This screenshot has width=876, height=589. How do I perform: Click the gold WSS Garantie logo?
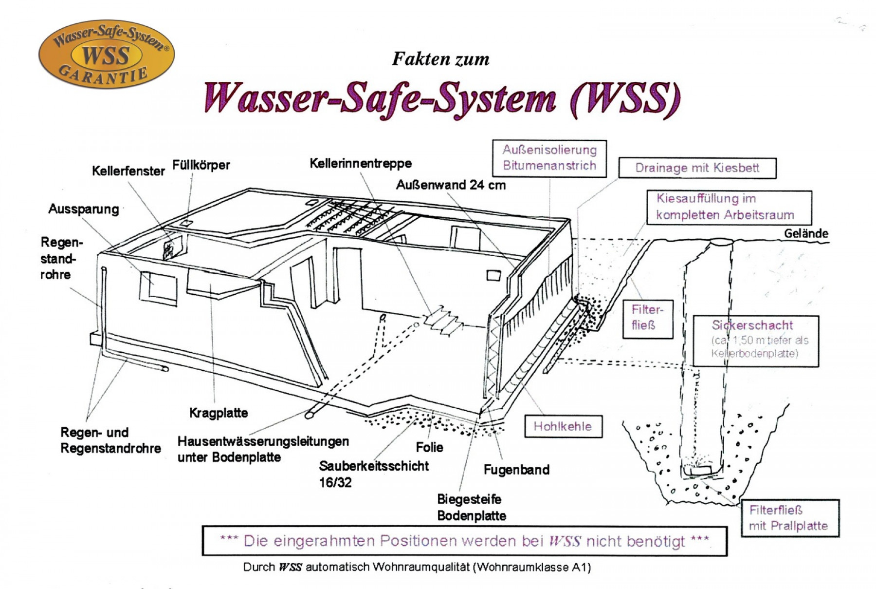click(106, 54)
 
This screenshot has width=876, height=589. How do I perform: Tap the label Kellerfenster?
click(128, 171)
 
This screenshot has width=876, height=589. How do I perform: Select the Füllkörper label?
click(201, 165)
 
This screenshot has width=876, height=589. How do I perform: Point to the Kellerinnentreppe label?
click(361, 163)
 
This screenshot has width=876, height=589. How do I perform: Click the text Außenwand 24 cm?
click(451, 185)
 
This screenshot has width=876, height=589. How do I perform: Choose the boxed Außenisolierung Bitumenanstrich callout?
click(549, 158)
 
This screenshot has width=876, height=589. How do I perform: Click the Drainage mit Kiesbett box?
click(697, 168)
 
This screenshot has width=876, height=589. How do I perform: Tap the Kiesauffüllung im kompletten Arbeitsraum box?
click(729, 207)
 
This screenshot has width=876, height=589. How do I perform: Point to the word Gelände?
click(805, 233)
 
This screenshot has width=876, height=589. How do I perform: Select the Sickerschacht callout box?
click(756, 340)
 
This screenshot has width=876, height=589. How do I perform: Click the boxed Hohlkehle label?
click(563, 426)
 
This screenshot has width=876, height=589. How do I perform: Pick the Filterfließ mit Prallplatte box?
click(790, 518)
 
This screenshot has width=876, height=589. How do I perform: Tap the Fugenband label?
click(516, 470)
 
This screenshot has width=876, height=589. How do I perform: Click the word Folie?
click(429, 447)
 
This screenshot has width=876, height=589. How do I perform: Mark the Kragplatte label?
click(219, 413)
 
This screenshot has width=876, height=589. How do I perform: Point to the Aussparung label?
click(84, 209)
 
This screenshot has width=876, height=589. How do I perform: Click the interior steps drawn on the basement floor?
click(442, 320)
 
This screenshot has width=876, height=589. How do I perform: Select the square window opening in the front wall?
click(159, 288)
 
